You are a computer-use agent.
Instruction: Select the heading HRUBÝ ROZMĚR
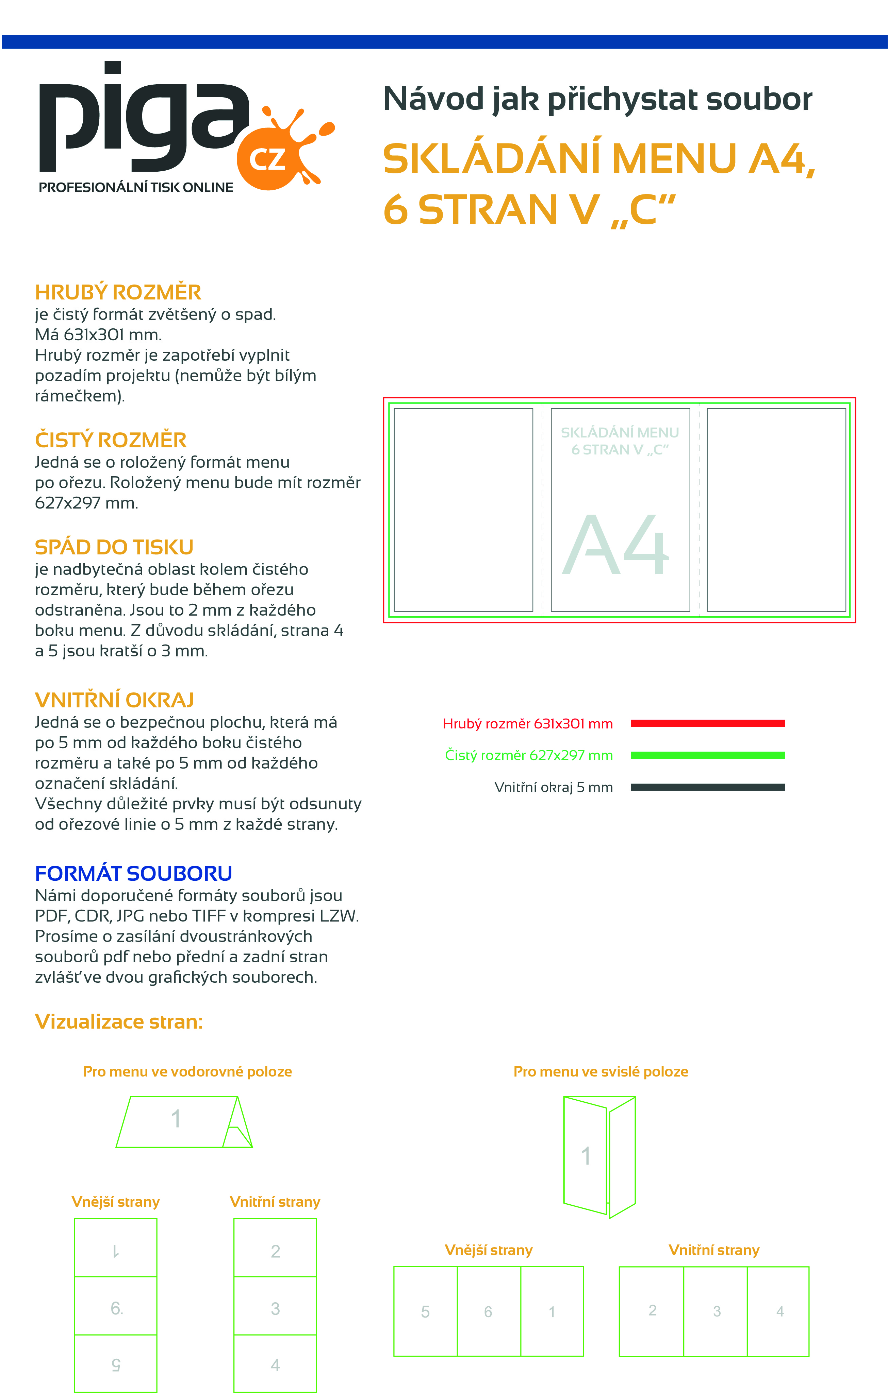tap(118, 292)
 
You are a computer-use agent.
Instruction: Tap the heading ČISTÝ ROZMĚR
tap(111, 440)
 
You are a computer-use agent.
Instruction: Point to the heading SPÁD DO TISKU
tap(114, 547)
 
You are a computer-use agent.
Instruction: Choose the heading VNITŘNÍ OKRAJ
tap(114, 700)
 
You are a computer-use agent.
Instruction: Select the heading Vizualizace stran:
tap(119, 1021)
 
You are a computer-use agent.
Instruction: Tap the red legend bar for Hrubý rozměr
tap(707, 723)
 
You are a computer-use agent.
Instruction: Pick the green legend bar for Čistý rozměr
tap(707, 755)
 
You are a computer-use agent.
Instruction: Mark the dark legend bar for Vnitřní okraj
tap(707, 787)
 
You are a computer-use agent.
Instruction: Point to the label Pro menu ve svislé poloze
tap(601, 1071)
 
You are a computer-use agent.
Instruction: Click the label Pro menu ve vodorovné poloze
tap(187, 1071)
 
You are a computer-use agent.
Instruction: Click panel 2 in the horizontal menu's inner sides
tap(275, 1251)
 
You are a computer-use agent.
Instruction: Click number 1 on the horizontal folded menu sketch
tap(176, 1118)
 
